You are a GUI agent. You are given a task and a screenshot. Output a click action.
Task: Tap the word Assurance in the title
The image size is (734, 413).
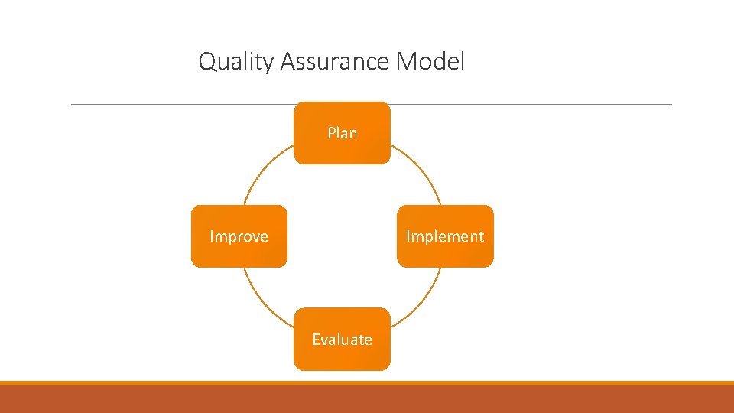[335, 61]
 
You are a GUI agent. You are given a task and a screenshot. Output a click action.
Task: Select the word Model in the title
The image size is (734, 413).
[430, 61]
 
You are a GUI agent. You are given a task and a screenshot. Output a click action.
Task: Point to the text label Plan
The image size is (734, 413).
[342, 133]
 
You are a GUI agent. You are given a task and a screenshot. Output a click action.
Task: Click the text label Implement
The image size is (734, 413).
[445, 236]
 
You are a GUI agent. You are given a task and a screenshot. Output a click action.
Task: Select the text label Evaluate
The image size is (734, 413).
[342, 340]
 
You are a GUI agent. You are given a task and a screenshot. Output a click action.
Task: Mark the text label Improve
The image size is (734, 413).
[239, 236]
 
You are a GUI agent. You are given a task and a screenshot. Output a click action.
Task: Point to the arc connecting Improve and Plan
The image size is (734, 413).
[261, 173]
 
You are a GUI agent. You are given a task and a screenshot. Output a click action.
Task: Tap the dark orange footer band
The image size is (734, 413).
[367, 399]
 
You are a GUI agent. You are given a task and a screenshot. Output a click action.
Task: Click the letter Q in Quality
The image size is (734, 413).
[206, 61]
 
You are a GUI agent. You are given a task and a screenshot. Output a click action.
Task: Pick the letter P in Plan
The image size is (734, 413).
[332, 133]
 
